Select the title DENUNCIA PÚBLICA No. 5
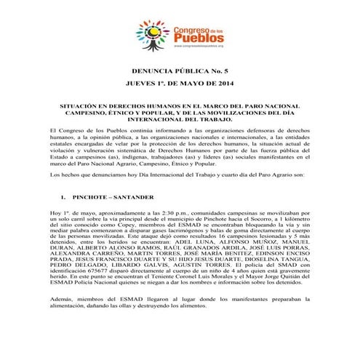(180, 72)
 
